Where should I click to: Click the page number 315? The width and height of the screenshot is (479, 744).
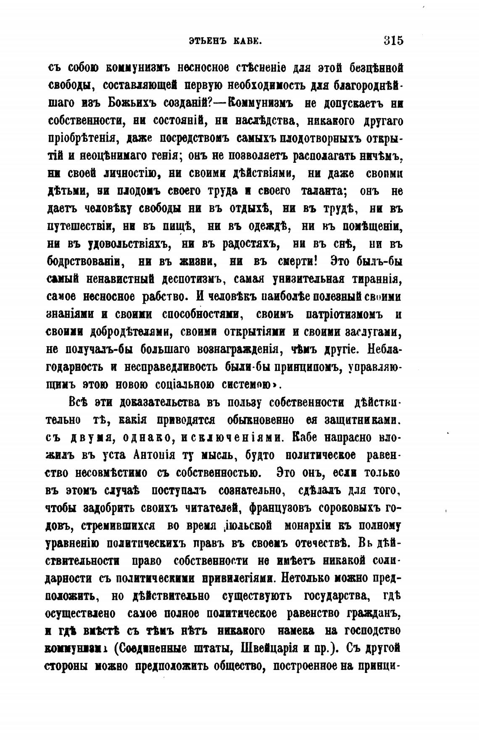click(x=393, y=41)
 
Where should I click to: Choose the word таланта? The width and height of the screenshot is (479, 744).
click(x=323, y=191)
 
